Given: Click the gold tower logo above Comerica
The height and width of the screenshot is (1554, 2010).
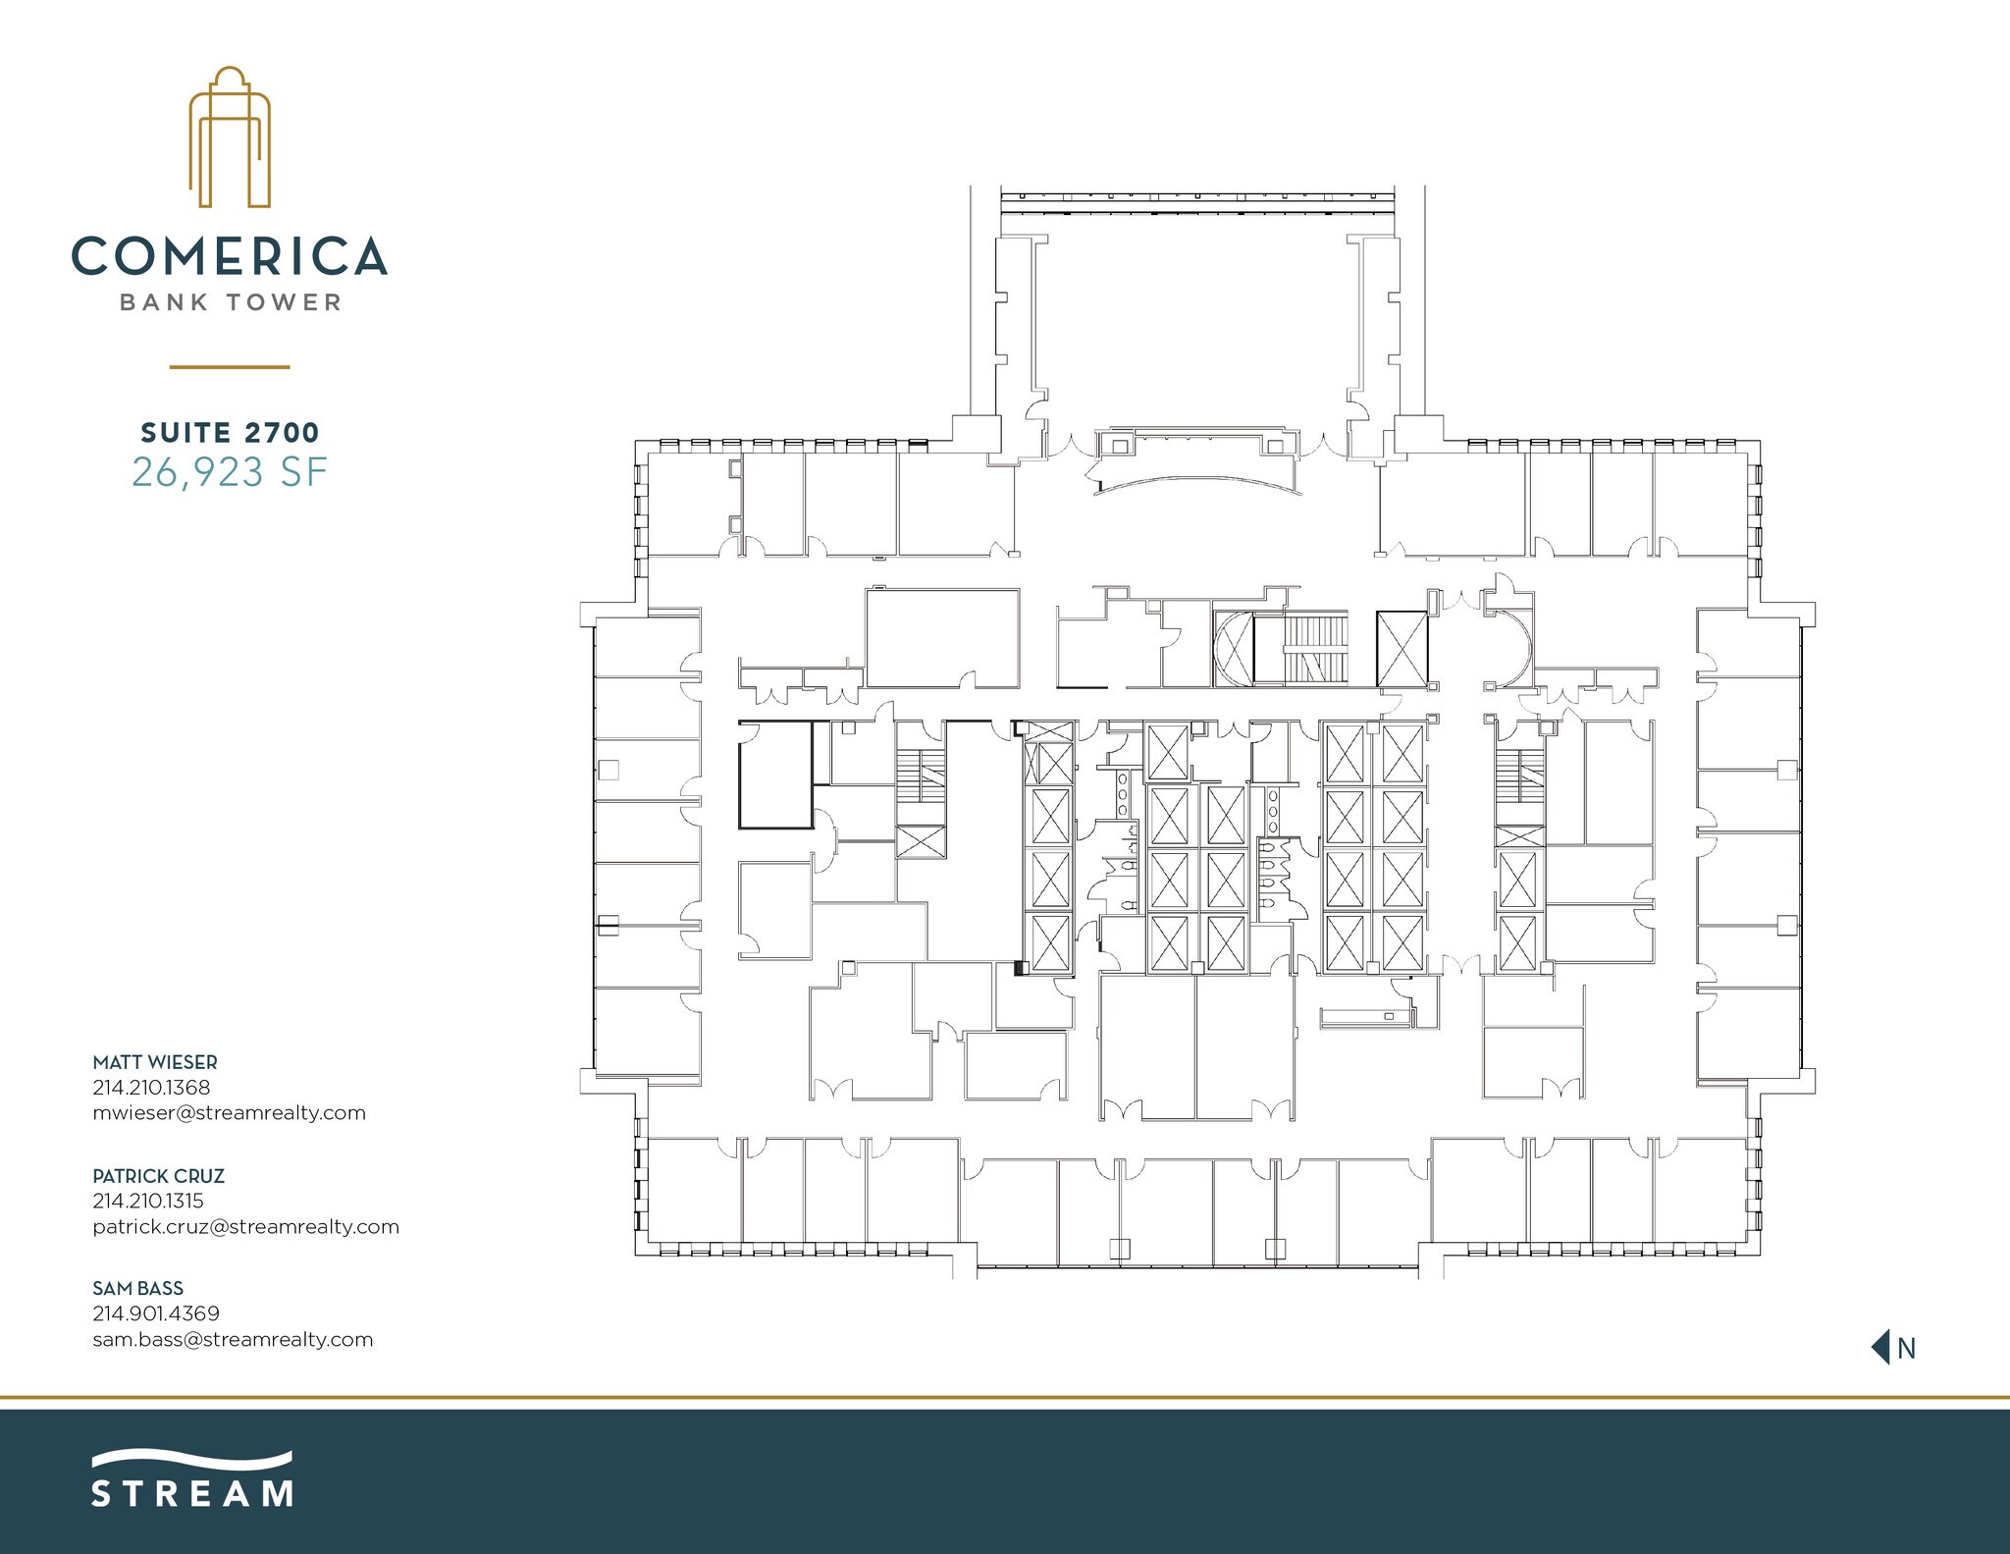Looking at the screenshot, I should pyautogui.click(x=230, y=137).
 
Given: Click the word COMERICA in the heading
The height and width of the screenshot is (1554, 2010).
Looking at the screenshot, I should pyautogui.click(x=230, y=256).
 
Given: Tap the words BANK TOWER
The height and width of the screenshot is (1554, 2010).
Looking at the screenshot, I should pyautogui.click(x=230, y=302).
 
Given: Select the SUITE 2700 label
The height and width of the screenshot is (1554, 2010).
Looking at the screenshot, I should pyautogui.click(x=230, y=432).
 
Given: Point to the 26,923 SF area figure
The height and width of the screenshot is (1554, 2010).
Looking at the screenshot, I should pyautogui.click(x=230, y=473).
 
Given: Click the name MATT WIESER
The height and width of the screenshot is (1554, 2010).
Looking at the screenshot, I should pyautogui.click(x=155, y=1062).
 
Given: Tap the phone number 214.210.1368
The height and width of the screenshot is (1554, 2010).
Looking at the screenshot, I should pyautogui.click(x=151, y=1087).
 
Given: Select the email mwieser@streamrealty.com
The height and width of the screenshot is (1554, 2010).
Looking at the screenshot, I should pyautogui.click(x=229, y=1112).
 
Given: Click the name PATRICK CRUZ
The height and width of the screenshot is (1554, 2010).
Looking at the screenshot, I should pyautogui.click(x=159, y=1175).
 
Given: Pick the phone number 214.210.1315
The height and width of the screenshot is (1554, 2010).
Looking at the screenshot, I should pyautogui.click(x=148, y=1200).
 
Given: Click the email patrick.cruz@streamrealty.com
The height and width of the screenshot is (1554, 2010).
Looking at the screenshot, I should pyautogui.click(x=245, y=1226).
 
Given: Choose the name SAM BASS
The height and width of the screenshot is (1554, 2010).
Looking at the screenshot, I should pyautogui.click(x=138, y=1288).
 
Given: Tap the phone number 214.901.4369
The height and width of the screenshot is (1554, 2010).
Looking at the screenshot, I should pyautogui.click(x=156, y=1313).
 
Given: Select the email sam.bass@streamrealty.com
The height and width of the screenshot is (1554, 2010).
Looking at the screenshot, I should pyautogui.click(x=233, y=1339).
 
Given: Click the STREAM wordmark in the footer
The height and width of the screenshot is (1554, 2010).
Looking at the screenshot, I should pyautogui.click(x=192, y=1494).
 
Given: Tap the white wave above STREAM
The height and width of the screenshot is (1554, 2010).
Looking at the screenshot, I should pyautogui.click(x=192, y=1460).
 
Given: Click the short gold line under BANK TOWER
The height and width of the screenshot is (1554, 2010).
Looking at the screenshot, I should pyautogui.click(x=230, y=367).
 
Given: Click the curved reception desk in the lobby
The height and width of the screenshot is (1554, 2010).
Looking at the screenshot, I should pyautogui.click(x=1197, y=483).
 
